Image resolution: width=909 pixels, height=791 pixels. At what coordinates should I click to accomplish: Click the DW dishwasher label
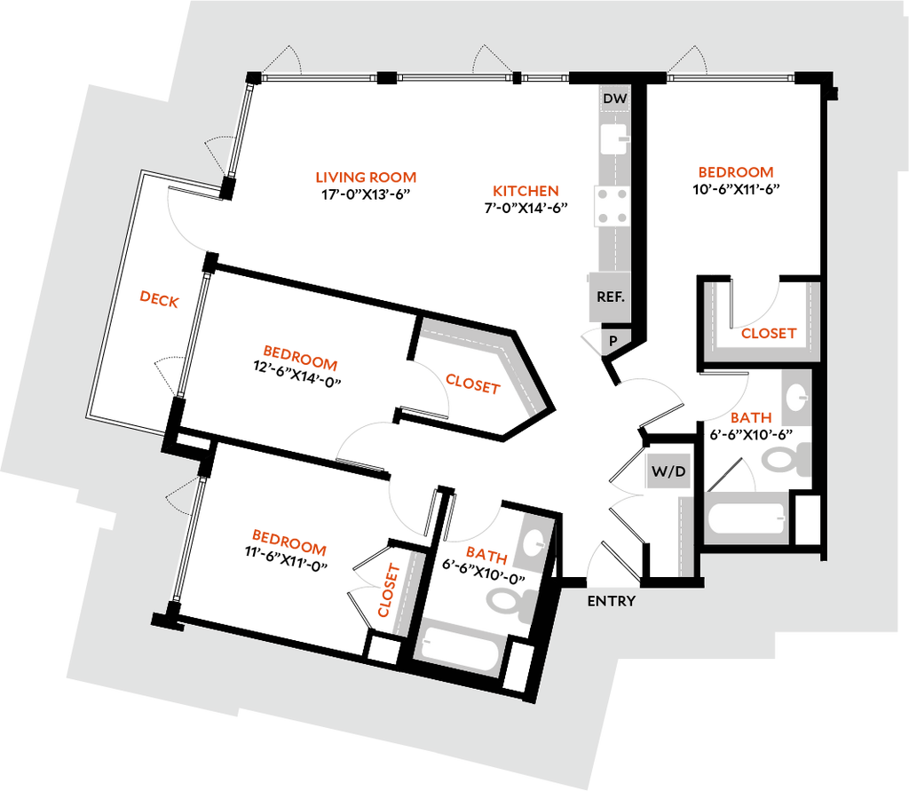pyautogui.click(x=613, y=99)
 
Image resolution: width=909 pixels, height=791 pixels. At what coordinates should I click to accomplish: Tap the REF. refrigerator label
pyautogui.click(x=611, y=297)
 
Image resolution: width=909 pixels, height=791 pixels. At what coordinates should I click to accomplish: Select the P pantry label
pyautogui.click(x=613, y=340)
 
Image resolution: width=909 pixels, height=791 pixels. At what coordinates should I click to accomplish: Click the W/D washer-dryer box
pyautogui.click(x=668, y=471)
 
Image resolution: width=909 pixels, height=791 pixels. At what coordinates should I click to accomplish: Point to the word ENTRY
pyautogui.click(x=612, y=601)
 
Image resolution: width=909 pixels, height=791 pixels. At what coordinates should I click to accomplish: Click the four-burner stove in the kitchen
pyautogui.click(x=613, y=206)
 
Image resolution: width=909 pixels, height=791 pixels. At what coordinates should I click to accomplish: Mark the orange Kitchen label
pyautogui.click(x=525, y=191)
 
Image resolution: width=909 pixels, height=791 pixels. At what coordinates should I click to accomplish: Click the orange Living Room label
pyautogui.click(x=366, y=177)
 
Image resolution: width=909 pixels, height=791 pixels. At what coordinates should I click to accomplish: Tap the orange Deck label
pyautogui.click(x=160, y=299)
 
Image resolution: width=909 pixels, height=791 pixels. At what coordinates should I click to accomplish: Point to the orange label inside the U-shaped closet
pyautogui.click(x=770, y=335)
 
